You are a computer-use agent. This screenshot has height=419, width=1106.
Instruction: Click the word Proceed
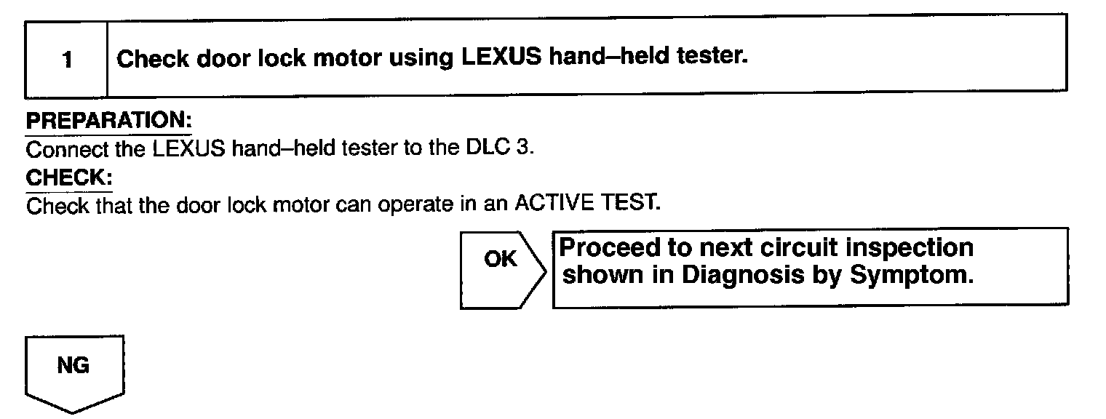pyautogui.click(x=607, y=248)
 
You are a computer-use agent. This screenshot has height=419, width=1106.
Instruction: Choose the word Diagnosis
pyautogui.click(x=742, y=276)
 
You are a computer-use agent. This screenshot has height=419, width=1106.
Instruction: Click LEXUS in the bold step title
pyautogui.click(x=498, y=58)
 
